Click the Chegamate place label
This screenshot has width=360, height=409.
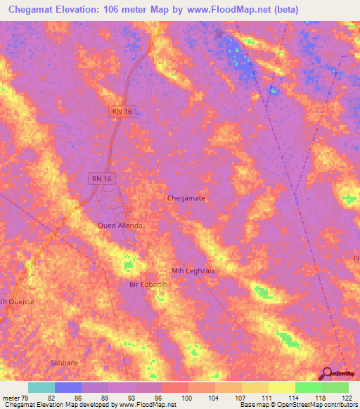(x=186, y=198)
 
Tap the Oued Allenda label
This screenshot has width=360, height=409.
(x=120, y=226)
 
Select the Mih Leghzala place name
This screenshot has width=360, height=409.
(x=193, y=270)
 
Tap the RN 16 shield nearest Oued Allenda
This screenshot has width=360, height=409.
(x=101, y=179)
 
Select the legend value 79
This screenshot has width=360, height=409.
(x=27, y=398)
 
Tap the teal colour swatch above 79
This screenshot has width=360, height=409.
(x=41, y=387)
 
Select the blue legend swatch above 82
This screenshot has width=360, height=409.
(x=67, y=387)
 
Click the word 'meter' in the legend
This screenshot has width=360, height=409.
(x=11, y=398)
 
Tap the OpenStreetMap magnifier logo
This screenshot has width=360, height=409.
(x=326, y=372)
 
